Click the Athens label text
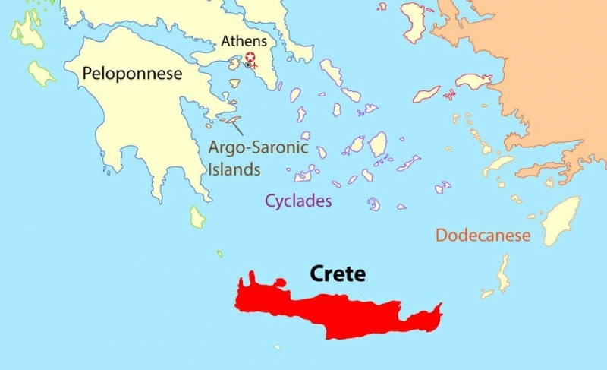243,41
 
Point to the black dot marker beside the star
247,65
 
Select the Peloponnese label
134,74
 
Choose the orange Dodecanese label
483,236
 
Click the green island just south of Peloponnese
197,217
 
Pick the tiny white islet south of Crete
278,348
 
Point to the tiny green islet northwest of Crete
220,254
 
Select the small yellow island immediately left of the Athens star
234,65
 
